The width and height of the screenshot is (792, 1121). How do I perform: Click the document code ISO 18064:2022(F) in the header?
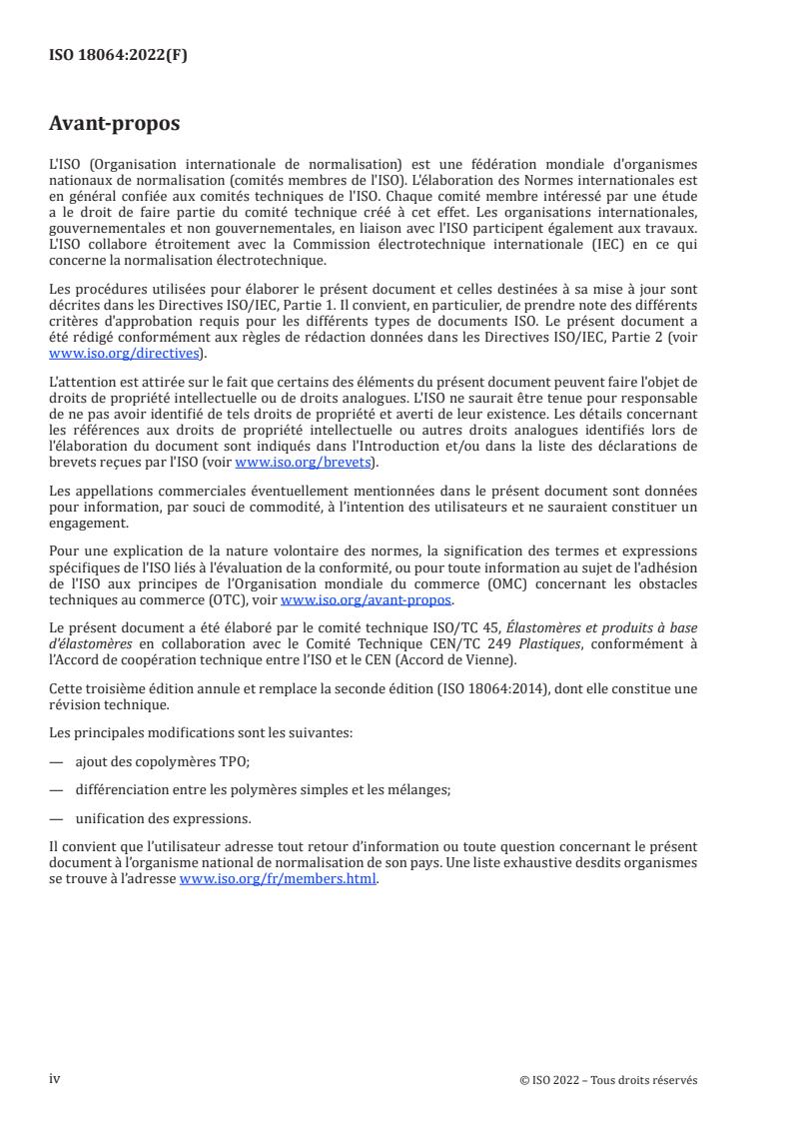tap(118, 56)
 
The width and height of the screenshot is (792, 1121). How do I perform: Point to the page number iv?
tap(56, 1079)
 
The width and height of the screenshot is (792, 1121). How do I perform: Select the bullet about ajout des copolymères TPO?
tap(162, 760)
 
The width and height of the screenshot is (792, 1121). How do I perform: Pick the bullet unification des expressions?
tap(163, 817)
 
